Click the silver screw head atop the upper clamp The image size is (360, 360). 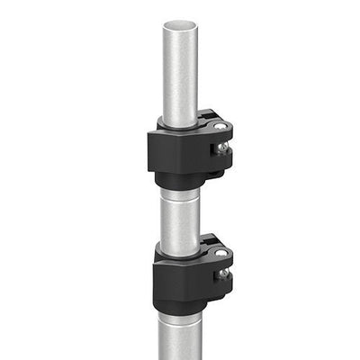coord(220,127)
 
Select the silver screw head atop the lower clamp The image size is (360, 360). coord(220,255)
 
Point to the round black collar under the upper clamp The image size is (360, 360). coord(180,183)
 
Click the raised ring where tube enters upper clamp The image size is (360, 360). coord(180,123)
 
